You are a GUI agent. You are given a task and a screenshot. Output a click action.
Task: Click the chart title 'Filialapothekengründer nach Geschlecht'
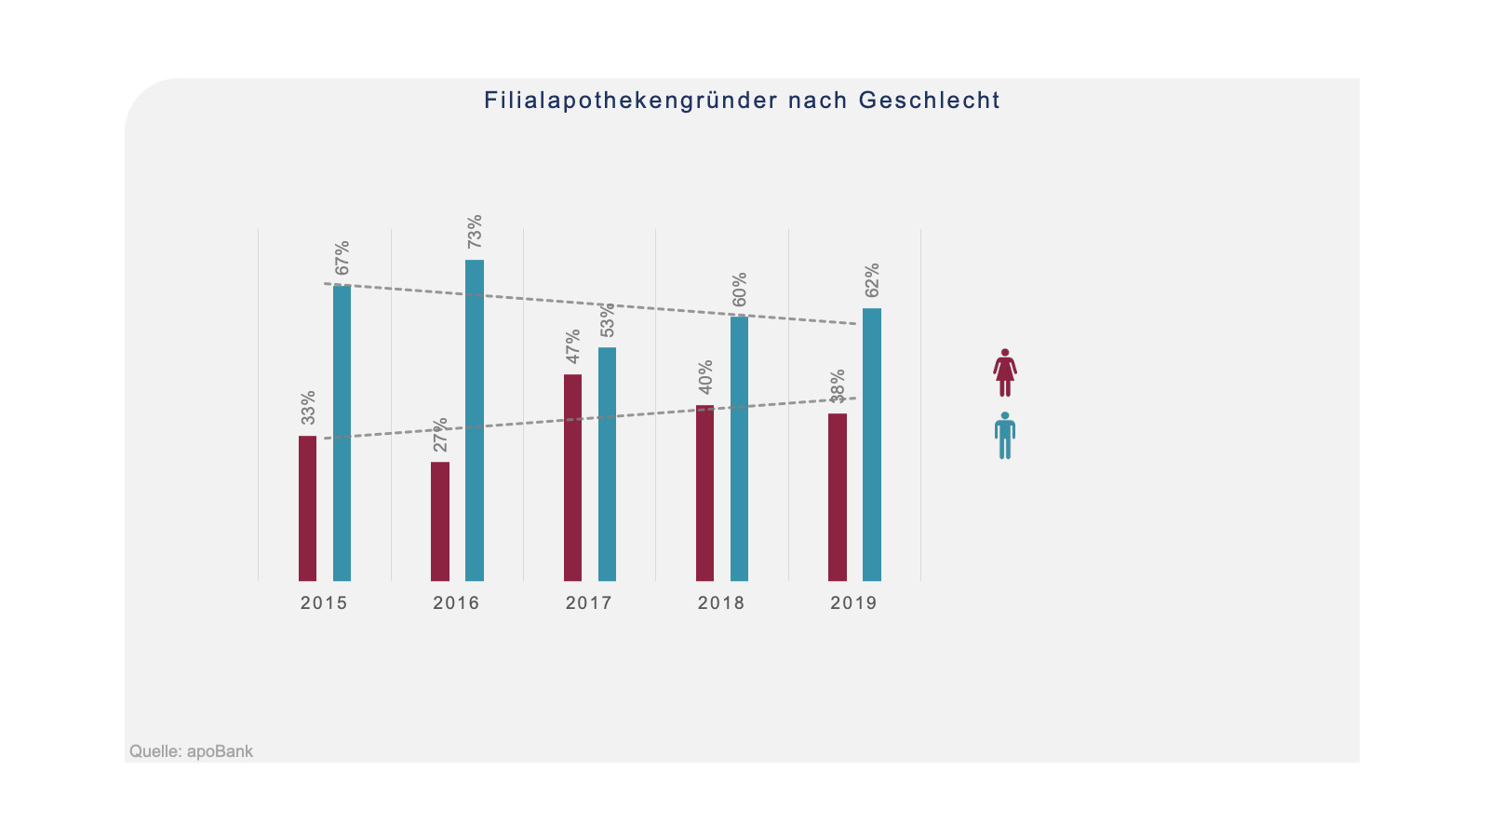click(742, 101)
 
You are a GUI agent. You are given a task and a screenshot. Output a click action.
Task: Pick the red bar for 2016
click(440, 521)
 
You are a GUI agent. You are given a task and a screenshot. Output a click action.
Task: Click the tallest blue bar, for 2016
click(475, 420)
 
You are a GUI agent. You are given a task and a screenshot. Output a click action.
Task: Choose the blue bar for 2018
click(739, 448)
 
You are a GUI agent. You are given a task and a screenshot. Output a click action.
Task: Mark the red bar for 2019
click(838, 497)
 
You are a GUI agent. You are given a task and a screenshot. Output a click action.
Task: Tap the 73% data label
click(475, 231)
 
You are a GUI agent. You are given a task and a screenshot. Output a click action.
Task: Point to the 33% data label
click(308, 407)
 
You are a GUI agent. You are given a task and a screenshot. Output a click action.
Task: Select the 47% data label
click(573, 345)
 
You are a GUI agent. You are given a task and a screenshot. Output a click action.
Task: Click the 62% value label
click(872, 280)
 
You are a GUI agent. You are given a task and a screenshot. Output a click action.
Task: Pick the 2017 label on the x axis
click(589, 603)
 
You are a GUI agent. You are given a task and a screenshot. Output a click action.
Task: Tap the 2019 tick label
click(853, 603)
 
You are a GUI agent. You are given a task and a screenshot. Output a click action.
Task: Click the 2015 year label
click(324, 603)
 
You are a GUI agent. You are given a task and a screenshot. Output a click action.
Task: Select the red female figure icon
click(1005, 372)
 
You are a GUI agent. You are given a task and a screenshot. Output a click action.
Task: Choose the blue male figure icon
click(1005, 436)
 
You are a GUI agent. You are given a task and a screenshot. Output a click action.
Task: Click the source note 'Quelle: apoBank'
click(191, 751)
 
